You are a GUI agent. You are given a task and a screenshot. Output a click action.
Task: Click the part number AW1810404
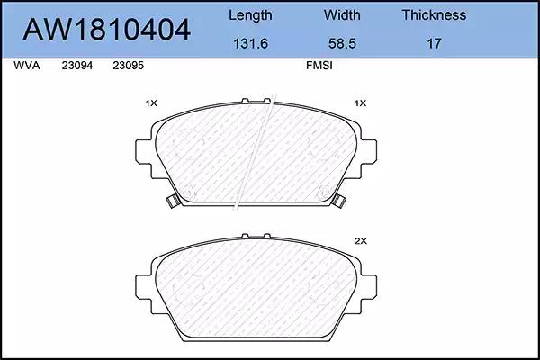[x=106, y=30]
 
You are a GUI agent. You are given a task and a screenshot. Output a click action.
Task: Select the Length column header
[x=250, y=15]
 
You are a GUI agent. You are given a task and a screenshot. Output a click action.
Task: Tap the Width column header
[x=342, y=14]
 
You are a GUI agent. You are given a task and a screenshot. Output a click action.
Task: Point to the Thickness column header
[x=434, y=14]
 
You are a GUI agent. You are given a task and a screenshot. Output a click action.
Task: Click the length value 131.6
[x=250, y=43]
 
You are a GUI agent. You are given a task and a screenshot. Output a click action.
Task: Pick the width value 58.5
[x=342, y=43]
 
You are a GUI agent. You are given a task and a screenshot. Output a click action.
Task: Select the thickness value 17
[x=434, y=43]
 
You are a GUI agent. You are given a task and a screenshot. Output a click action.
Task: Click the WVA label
[x=26, y=66]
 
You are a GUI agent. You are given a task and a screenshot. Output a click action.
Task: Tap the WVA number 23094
[x=77, y=66]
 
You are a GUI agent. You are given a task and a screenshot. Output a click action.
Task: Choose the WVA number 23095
[x=128, y=66]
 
